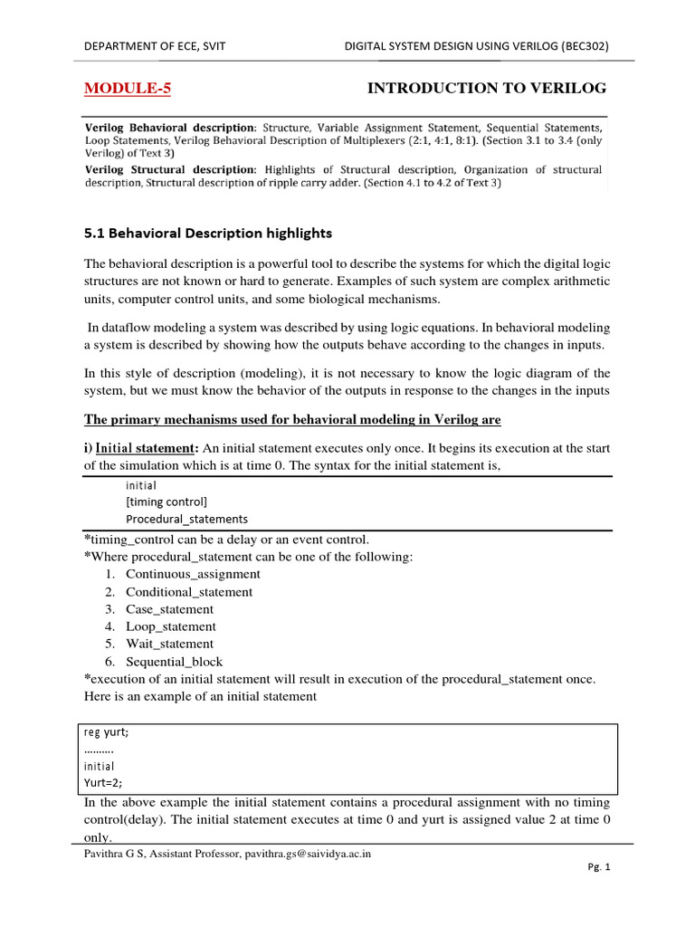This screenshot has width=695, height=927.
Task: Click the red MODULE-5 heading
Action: click(127, 88)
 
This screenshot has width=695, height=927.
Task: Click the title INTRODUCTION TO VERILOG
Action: click(486, 88)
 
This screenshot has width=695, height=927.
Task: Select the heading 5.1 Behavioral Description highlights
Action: click(208, 233)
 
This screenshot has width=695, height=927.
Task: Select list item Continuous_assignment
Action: click(193, 574)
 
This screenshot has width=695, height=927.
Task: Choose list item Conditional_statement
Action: click(189, 591)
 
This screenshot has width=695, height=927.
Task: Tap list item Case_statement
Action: click(170, 609)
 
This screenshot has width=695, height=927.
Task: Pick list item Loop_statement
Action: click(171, 626)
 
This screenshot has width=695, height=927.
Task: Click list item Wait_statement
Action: click(170, 644)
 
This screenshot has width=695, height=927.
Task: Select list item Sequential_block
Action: click(174, 662)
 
